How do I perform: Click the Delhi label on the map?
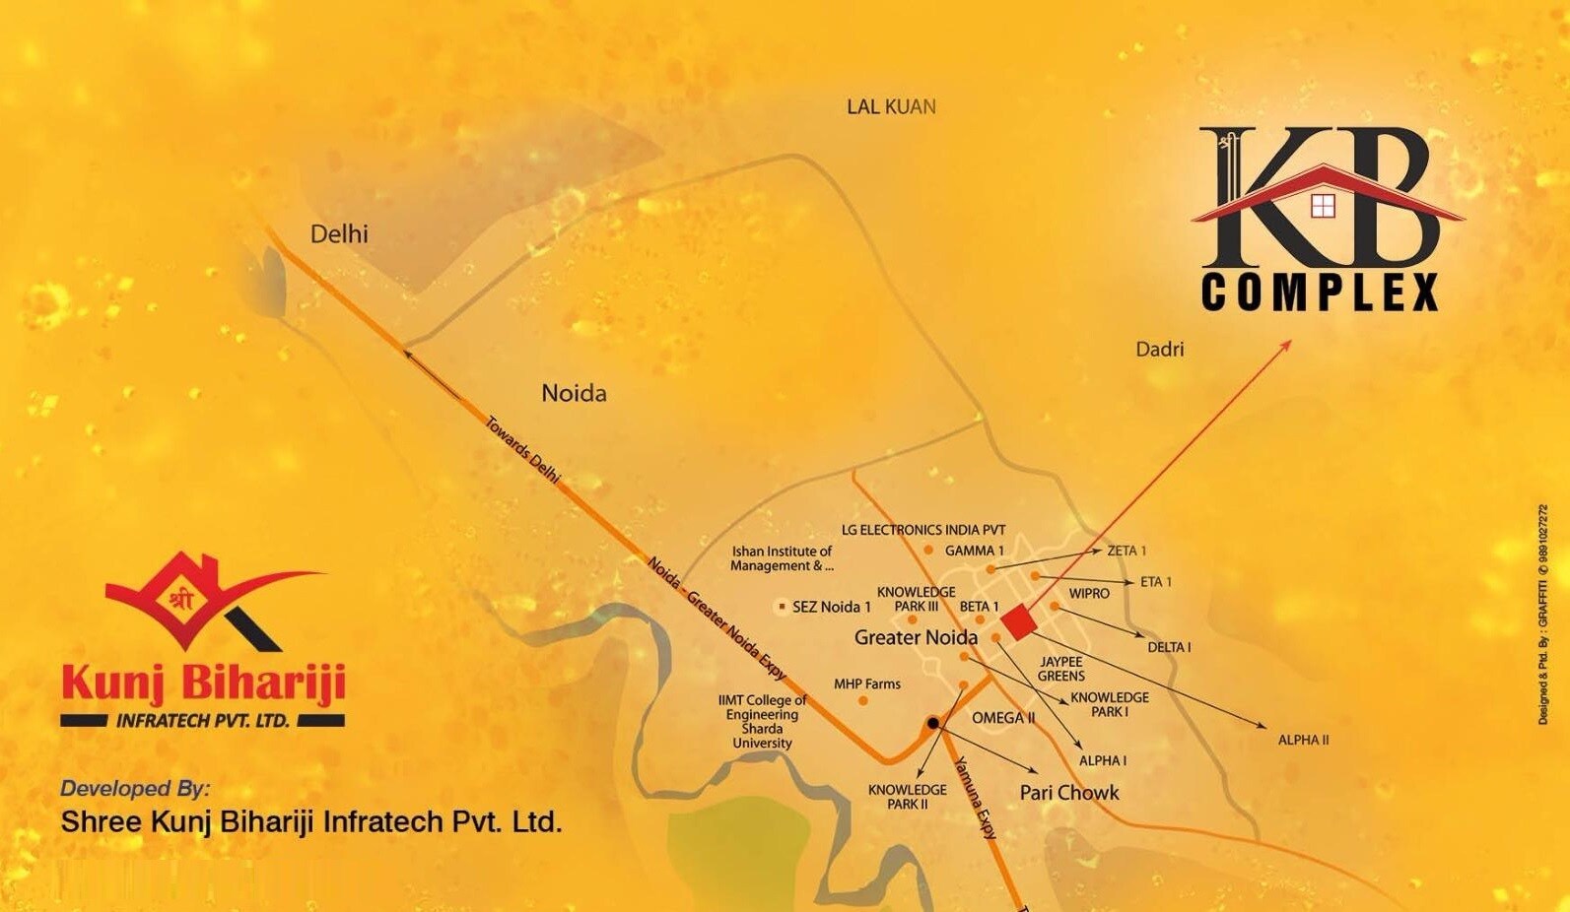(x=339, y=234)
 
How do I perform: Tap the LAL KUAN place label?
(x=891, y=106)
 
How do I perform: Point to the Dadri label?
(x=1159, y=349)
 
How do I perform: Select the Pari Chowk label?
(x=1069, y=793)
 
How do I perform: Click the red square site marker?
(x=1018, y=622)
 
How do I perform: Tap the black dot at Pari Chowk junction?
(x=932, y=724)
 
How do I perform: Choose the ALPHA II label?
(x=1303, y=740)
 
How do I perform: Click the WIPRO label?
(x=1089, y=594)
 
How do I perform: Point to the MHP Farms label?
(x=867, y=684)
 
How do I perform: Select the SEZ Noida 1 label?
(x=831, y=607)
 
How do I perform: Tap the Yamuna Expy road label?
(x=977, y=797)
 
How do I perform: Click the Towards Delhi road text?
(x=522, y=450)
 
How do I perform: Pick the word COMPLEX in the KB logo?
(x=1320, y=293)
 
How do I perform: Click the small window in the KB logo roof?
(x=1322, y=205)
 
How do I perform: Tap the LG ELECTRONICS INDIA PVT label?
(x=923, y=530)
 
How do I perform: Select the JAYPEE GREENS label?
(x=1060, y=669)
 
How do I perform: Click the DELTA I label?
(x=1169, y=647)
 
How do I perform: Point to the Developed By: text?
(x=135, y=788)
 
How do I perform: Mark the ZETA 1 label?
(x=1126, y=551)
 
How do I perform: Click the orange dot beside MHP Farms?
(x=863, y=701)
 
